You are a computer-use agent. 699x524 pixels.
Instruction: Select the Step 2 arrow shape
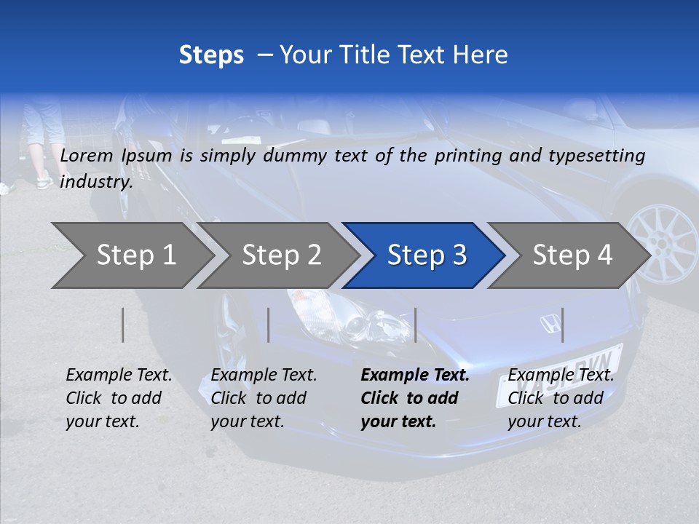click(281, 255)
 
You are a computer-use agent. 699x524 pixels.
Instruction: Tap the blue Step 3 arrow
click(426, 255)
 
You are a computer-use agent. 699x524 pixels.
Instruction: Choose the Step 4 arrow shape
click(572, 255)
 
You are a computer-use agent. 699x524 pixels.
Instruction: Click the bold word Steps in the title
click(211, 55)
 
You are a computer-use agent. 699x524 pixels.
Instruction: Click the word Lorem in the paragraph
click(87, 155)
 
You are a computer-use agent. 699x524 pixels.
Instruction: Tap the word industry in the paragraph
click(95, 181)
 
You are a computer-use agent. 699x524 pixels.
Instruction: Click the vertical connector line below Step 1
click(123, 325)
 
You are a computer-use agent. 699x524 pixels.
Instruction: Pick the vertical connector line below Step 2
click(269, 325)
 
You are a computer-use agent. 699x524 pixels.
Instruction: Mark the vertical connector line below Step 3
click(415, 325)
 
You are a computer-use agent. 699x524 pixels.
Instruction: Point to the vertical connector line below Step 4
click(562, 325)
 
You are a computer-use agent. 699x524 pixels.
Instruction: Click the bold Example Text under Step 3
click(415, 376)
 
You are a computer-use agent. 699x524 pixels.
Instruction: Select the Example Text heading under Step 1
click(119, 376)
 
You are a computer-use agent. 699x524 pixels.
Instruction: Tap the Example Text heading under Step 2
click(264, 376)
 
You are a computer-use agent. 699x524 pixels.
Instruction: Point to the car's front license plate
click(561, 373)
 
